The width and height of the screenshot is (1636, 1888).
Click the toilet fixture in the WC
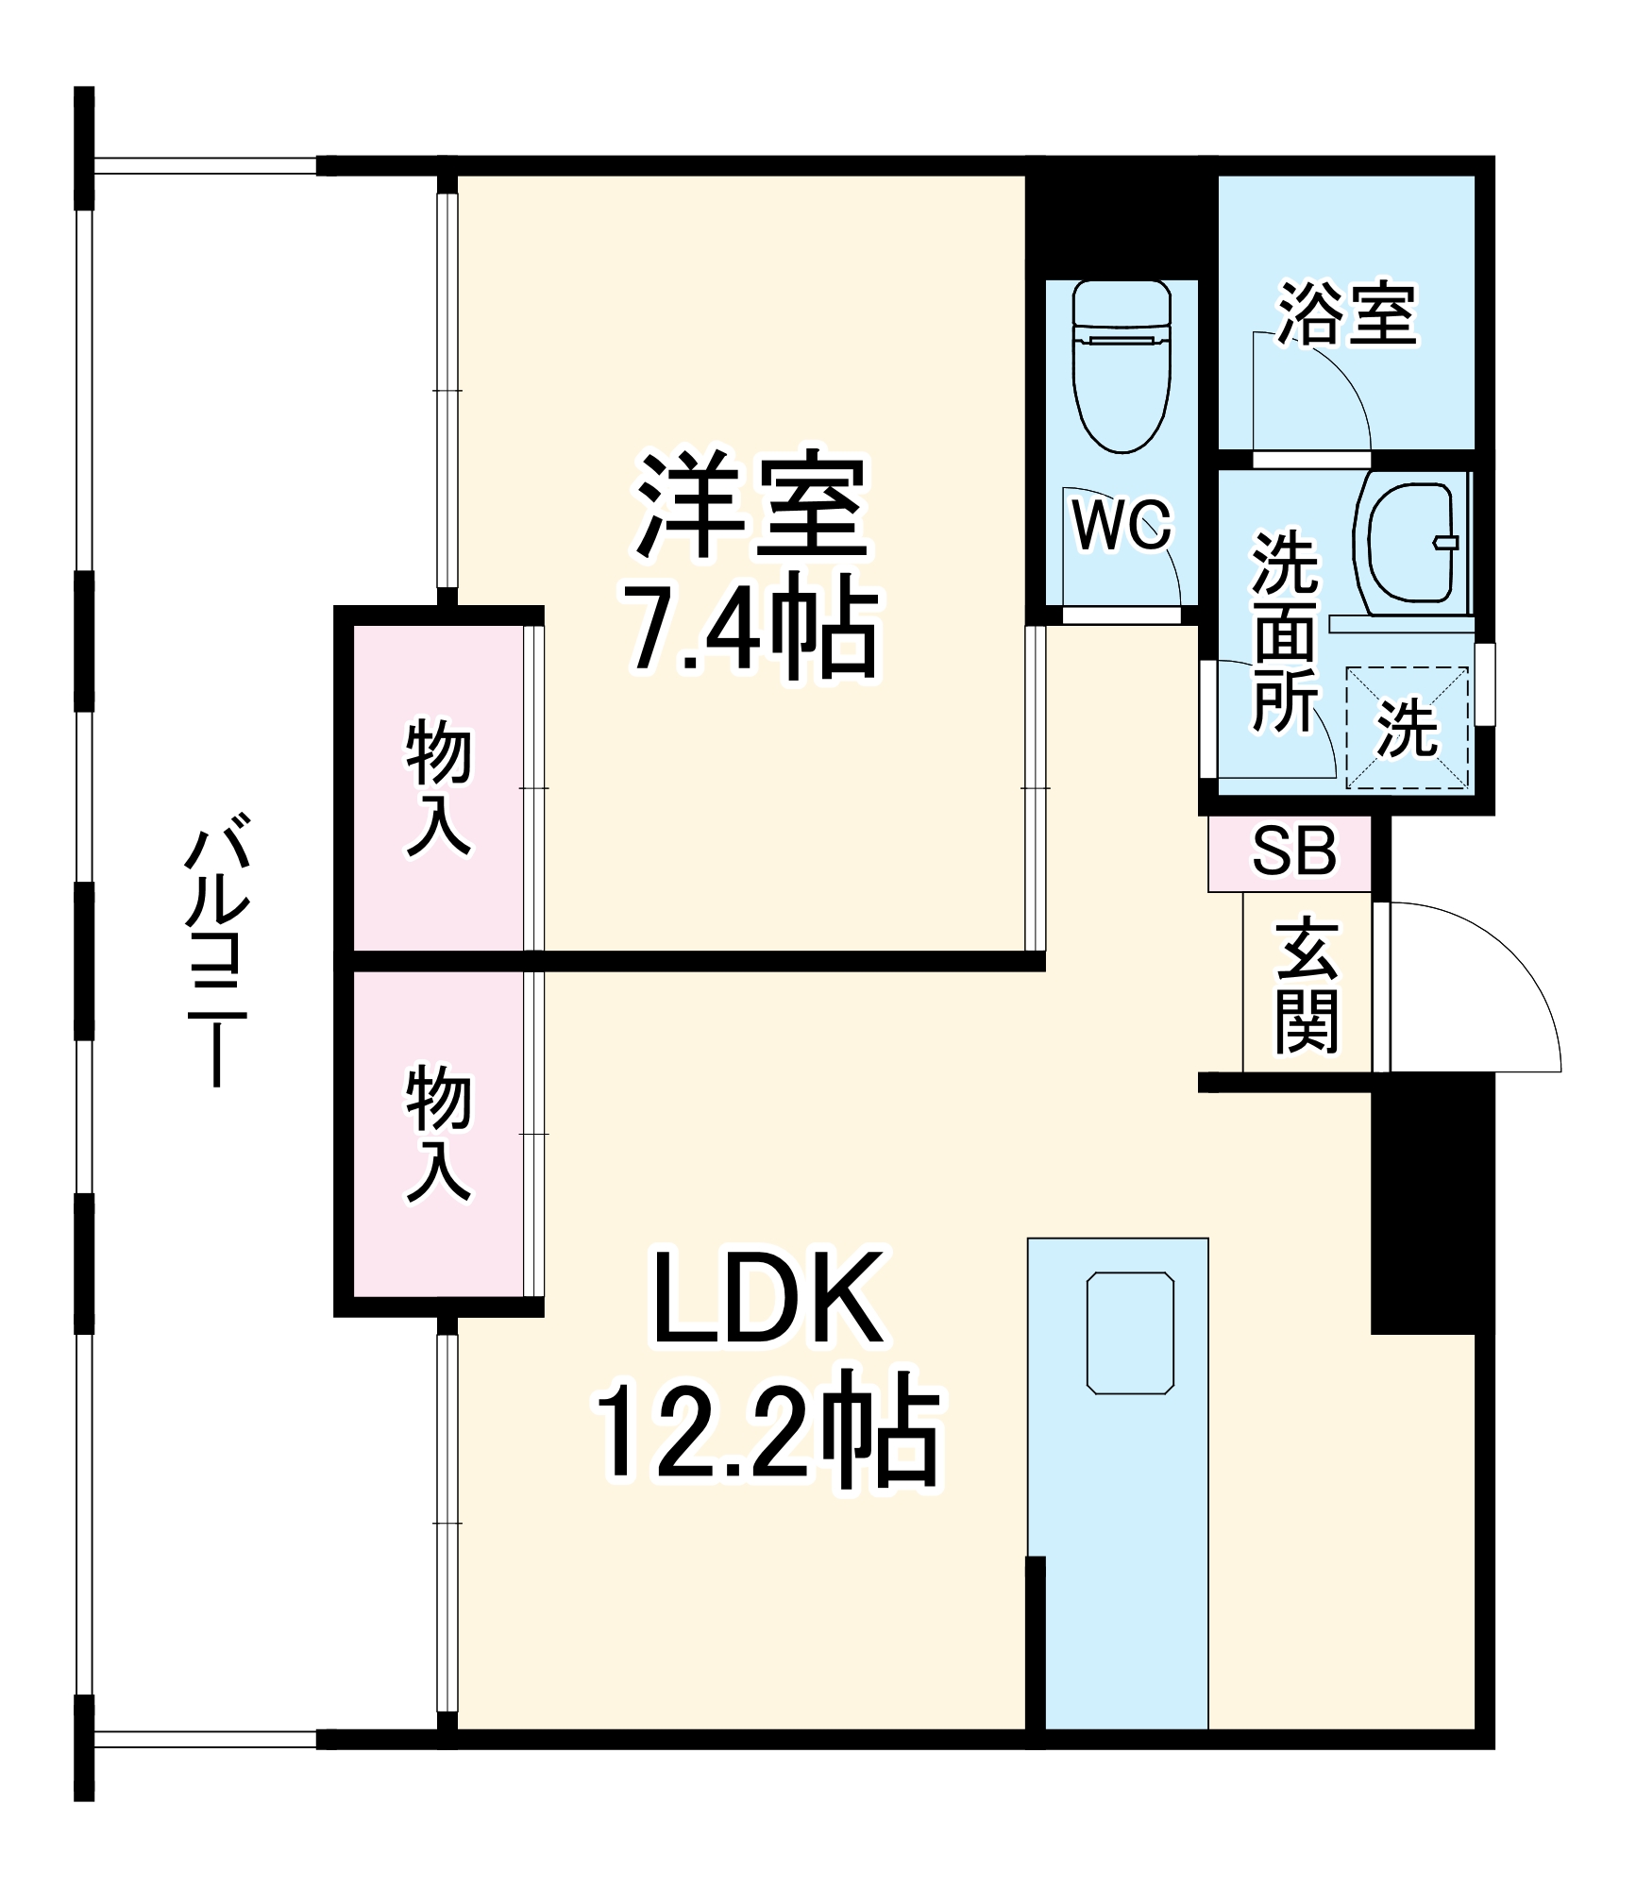click(x=1122, y=368)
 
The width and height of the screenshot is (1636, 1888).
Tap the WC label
click(x=1122, y=524)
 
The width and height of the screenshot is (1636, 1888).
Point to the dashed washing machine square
click(x=1407, y=727)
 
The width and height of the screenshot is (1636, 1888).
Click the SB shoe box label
click(x=1294, y=851)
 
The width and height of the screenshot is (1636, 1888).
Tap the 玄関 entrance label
click(x=1307, y=985)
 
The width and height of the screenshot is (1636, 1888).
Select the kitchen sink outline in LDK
click(x=1130, y=1332)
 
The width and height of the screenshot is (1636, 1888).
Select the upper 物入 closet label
click(x=438, y=788)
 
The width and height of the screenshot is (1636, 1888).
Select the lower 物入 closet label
click(x=438, y=1134)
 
